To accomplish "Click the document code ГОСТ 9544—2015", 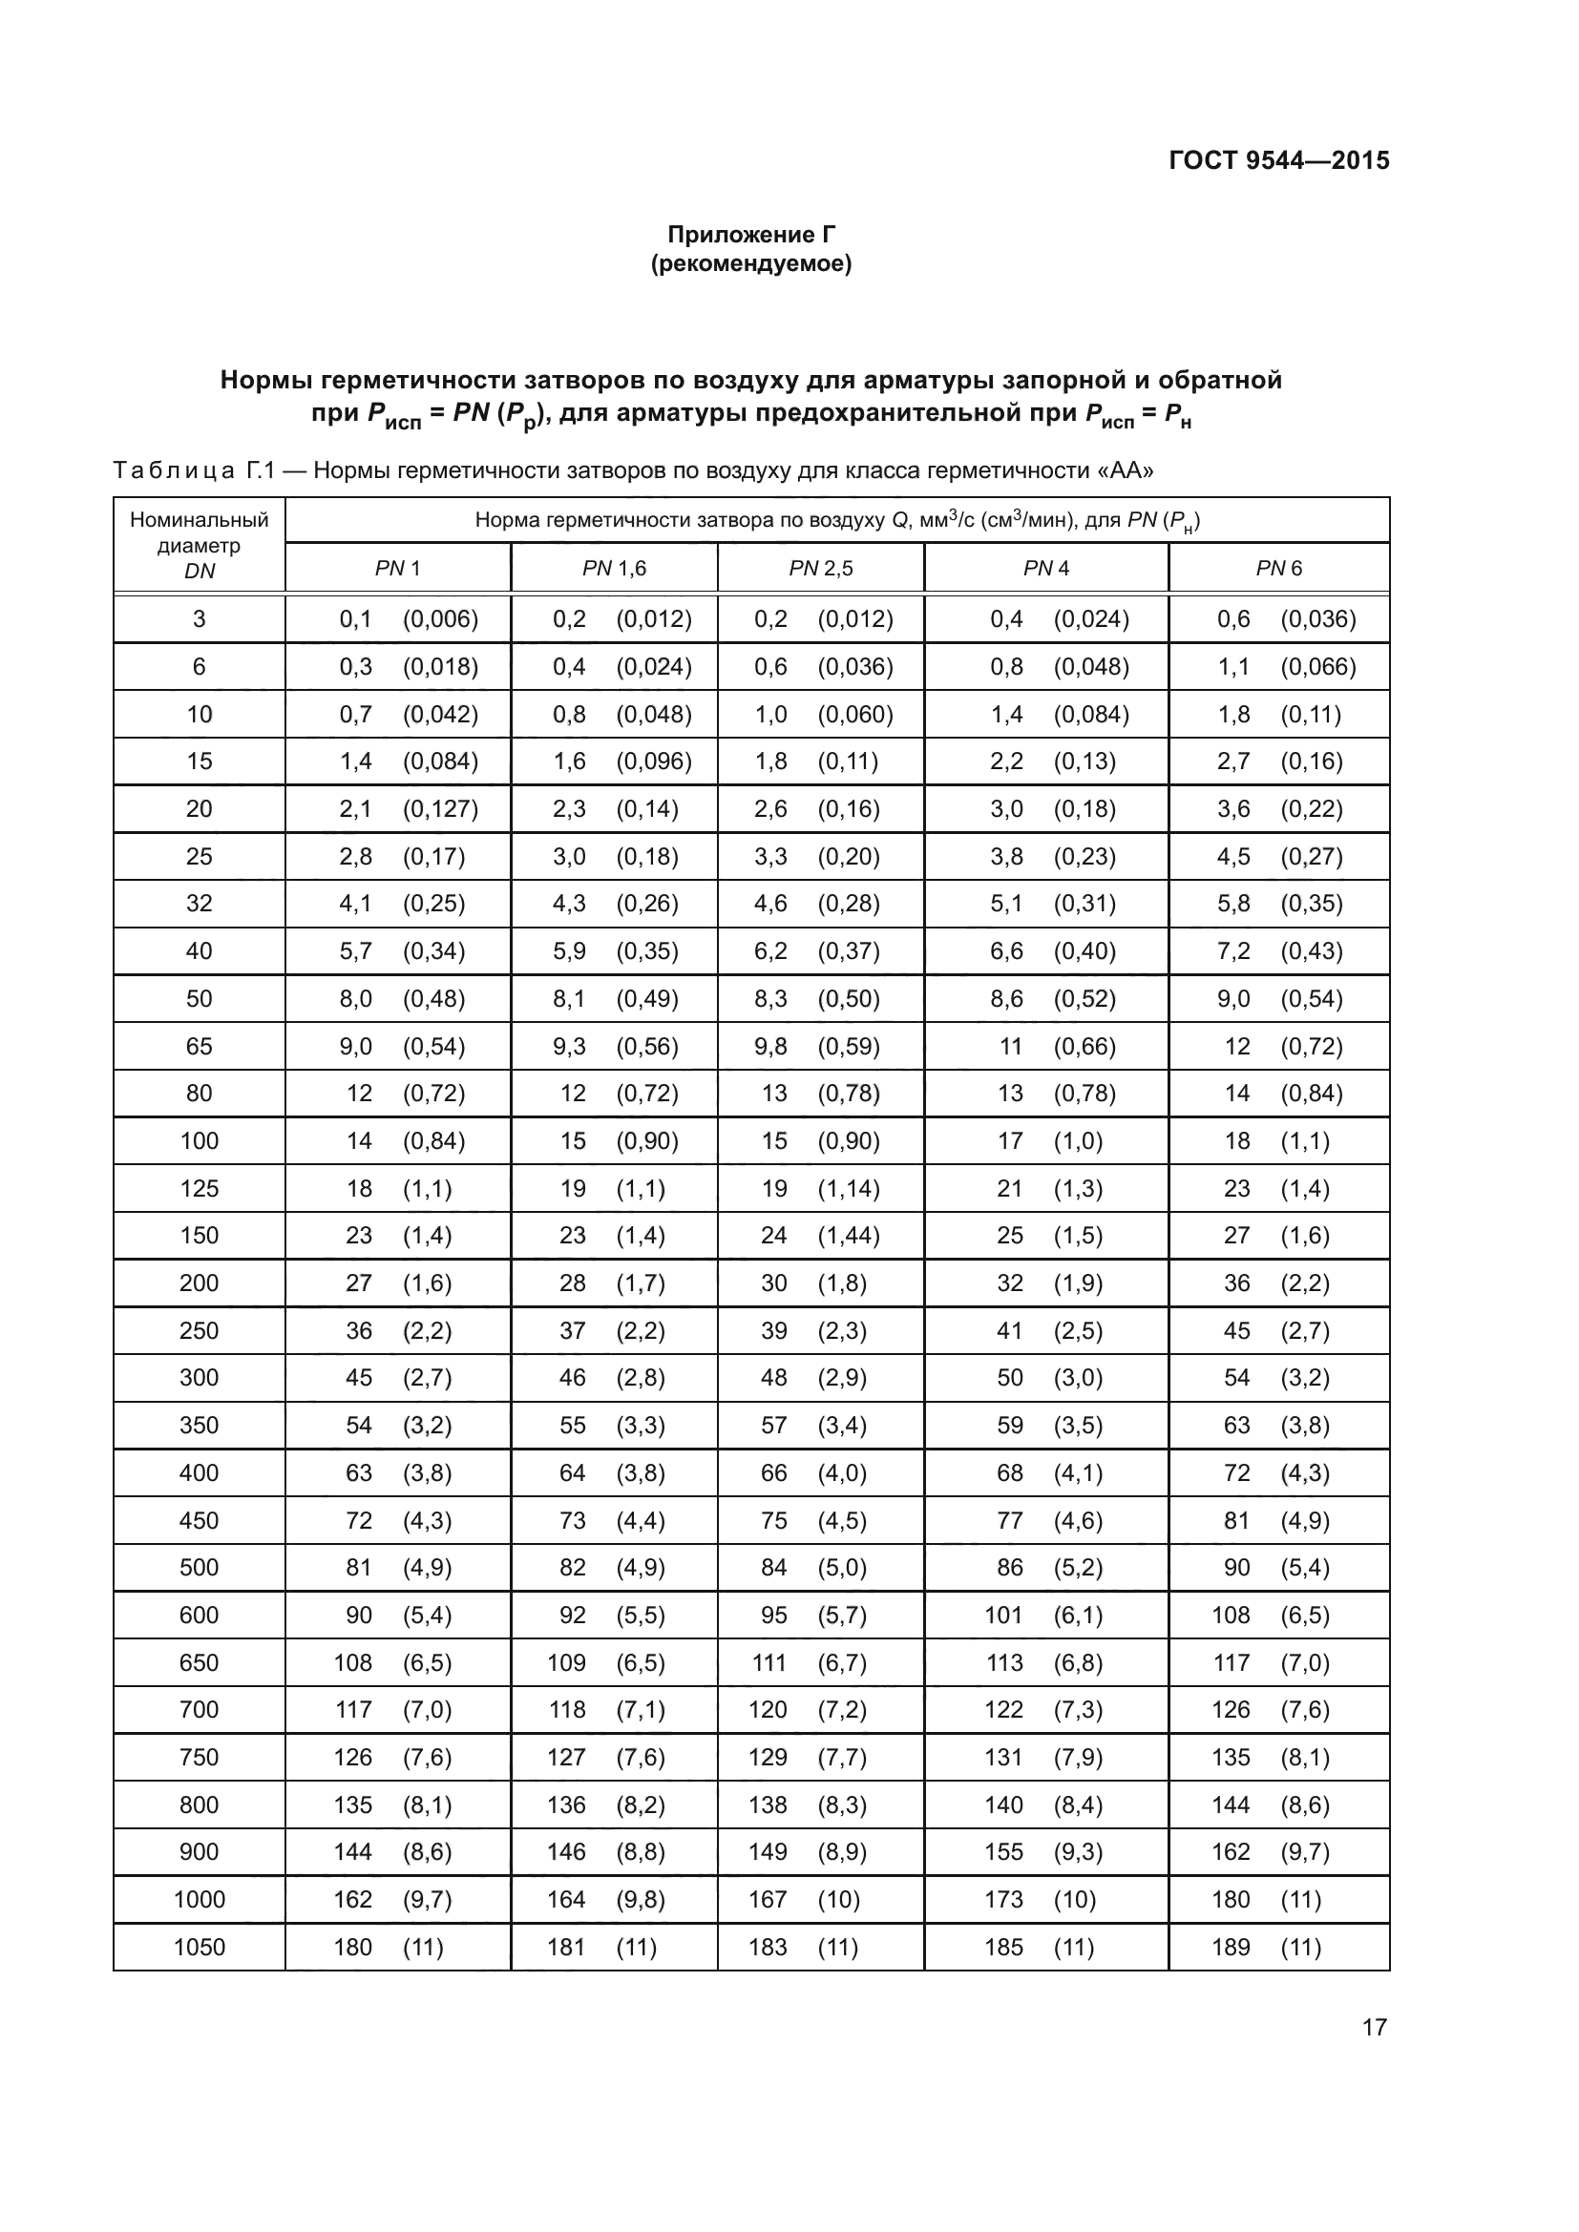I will pyautogui.click(x=1278, y=160).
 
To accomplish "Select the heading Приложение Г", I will pyautogui.click(x=750, y=235).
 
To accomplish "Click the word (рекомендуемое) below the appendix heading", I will pyautogui.click(x=750, y=263).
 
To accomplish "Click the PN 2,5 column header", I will pyautogui.click(x=821, y=569).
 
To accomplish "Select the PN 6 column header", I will pyautogui.click(x=1278, y=569).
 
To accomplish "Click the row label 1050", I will pyautogui.click(x=200, y=1948).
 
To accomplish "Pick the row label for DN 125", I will pyautogui.click(x=200, y=1188).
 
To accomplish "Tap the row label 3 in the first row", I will pyautogui.click(x=200, y=619).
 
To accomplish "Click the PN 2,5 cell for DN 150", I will pyautogui.click(x=820, y=1236).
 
